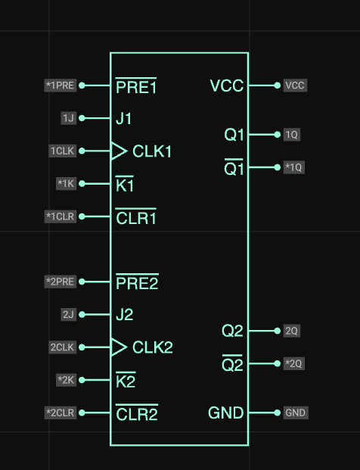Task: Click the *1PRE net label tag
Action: [x=61, y=86]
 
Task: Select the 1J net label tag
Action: [x=68, y=118]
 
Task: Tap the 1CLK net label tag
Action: [x=62, y=151]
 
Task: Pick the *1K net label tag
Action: [x=66, y=183]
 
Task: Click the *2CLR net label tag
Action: [x=61, y=412]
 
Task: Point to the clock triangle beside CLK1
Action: [x=119, y=151]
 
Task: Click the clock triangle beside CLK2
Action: [x=119, y=347]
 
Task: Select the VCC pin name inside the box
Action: [x=227, y=86]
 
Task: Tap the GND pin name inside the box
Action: [x=226, y=412]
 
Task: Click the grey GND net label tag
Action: [x=295, y=412]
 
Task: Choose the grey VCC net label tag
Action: [x=295, y=86]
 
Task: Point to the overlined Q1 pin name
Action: [x=234, y=167]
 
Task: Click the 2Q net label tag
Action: [x=291, y=331]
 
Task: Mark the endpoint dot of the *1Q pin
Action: [x=278, y=167]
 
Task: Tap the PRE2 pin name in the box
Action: [x=137, y=282]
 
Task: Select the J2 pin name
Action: [x=125, y=315]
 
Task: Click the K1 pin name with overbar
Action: [x=125, y=184]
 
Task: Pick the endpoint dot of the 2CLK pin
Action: [x=82, y=347]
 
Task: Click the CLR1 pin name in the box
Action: [x=136, y=216]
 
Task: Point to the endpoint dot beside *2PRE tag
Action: [x=82, y=282]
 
